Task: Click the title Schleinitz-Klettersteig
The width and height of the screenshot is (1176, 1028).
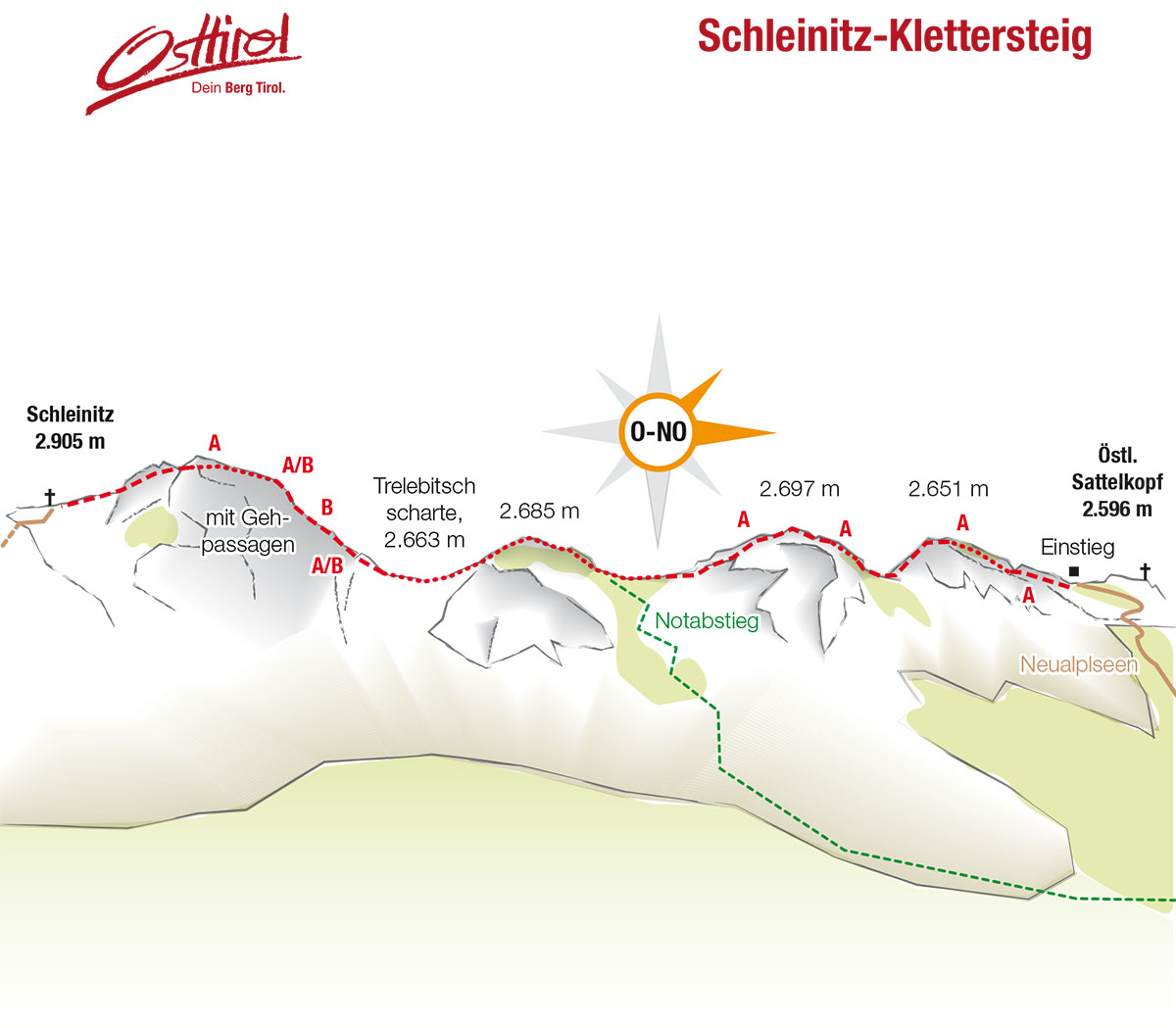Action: (x=894, y=37)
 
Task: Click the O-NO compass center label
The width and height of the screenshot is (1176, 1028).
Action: (x=658, y=431)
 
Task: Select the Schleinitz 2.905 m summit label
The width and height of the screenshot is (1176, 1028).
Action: (x=70, y=427)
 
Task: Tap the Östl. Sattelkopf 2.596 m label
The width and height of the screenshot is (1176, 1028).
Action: (x=1116, y=481)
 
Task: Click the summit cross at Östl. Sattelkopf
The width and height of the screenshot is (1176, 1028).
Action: (x=1145, y=571)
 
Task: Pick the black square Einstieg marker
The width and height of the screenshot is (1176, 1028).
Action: (x=1074, y=571)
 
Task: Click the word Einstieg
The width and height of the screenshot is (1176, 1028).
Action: (x=1077, y=547)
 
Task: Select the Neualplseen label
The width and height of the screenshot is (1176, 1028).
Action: (x=1078, y=664)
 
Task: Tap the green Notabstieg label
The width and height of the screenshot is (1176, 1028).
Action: (x=707, y=620)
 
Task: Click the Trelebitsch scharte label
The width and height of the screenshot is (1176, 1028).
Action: (x=424, y=512)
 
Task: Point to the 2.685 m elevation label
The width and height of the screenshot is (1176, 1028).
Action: (x=539, y=511)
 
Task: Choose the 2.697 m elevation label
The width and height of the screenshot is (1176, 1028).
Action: (x=800, y=488)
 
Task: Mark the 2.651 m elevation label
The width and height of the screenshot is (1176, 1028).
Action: (x=948, y=488)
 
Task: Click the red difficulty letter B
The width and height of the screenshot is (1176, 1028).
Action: (x=327, y=507)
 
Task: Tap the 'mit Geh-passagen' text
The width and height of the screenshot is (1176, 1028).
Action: (x=248, y=531)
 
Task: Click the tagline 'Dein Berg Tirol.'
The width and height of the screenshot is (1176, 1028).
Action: (x=238, y=88)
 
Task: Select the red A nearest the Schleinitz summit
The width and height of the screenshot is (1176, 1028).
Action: (x=215, y=444)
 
